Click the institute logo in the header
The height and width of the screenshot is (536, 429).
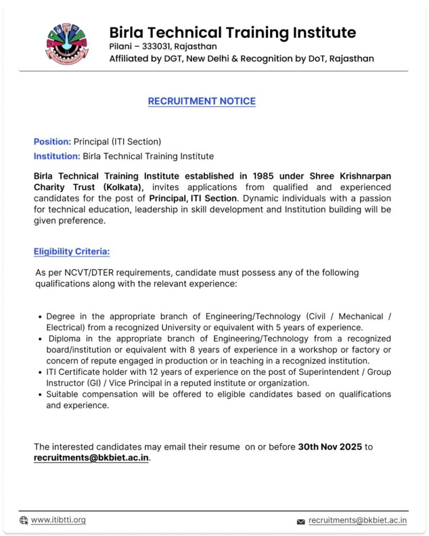click(68, 44)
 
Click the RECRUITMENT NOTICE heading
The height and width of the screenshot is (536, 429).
click(202, 101)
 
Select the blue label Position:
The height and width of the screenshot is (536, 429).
click(52, 141)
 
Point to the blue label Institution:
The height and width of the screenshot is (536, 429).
click(57, 156)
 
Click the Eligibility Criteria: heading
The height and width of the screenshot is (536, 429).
click(72, 252)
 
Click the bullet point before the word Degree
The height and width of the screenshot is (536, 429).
click(41, 317)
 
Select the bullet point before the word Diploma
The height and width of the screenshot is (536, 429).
click(41, 339)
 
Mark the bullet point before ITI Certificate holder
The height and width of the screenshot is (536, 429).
click(41, 372)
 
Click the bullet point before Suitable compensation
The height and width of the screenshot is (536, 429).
click(41, 395)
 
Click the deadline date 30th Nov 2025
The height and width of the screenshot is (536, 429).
click(330, 446)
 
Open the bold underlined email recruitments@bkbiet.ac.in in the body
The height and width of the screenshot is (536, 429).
click(91, 457)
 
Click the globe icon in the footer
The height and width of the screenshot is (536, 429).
click(24, 520)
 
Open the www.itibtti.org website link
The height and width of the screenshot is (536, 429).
click(58, 520)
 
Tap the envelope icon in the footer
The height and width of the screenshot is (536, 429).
click(301, 521)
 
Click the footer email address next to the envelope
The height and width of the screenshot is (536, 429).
click(357, 520)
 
